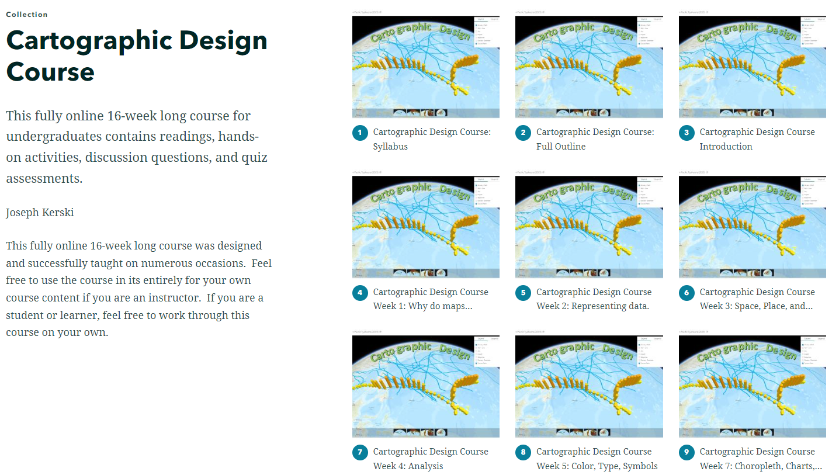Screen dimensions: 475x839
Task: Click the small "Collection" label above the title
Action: (x=27, y=15)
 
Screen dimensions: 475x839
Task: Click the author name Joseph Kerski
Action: (x=40, y=213)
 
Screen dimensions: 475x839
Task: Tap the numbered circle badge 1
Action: (x=360, y=133)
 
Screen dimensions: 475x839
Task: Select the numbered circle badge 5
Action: (x=523, y=293)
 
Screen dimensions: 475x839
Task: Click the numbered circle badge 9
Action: (x=687, y=452)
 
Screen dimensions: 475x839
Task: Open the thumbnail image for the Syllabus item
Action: (x=425, y=67)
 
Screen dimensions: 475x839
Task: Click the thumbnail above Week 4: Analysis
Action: (x=425, y=387)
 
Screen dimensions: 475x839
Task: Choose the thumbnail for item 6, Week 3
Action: (x=752, y=227)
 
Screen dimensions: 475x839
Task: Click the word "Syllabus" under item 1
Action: (x=390, y=147)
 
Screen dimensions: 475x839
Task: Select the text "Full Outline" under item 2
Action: (x=561, y=147)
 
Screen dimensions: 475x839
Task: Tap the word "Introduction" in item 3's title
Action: (x=726, y=147)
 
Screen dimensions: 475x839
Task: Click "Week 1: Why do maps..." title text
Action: (x=422, y=306)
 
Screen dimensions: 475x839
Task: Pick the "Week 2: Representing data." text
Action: (x=592, y=306)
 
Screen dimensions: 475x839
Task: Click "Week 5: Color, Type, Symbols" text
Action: (x=597, y=466)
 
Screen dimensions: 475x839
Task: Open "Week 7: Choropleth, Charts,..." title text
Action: (x=761, y=466)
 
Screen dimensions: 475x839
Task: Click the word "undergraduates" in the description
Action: (x=51, y=137)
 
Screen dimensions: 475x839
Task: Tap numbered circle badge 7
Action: (x=360, y=452)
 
